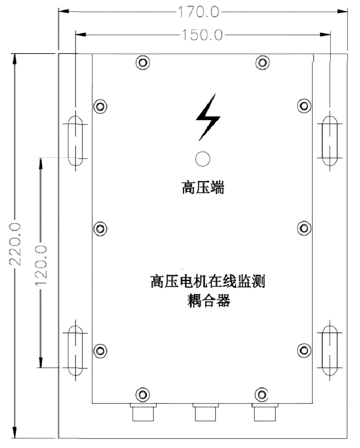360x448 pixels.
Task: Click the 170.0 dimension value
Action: (198, 12)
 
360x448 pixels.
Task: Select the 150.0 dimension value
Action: (201, 35)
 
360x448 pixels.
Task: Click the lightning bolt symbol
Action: (208, 116)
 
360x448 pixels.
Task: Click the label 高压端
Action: (202, 188)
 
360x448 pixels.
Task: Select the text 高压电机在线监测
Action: (207, 282)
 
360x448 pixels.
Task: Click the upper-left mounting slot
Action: (75, 139)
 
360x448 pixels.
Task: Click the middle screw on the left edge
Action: (100, 228)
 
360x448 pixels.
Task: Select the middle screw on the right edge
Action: (305, 228)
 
